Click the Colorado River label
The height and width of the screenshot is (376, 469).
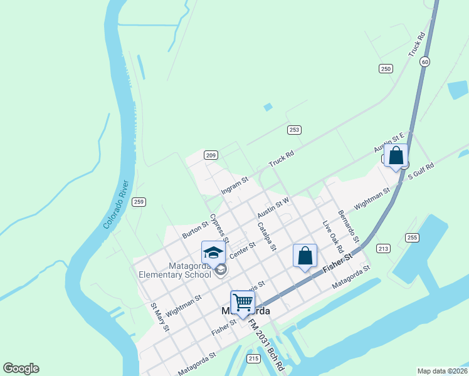(x=117, y=204)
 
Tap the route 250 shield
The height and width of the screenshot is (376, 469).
(x=386, y=69)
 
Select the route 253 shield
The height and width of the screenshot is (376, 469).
(x=294, y=130)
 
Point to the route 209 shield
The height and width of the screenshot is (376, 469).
(x=211, y=155)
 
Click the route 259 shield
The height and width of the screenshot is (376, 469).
(x=139, y=202)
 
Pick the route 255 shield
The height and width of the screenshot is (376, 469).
(x=412, y=238)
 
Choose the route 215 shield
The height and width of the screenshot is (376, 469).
(x=253, y=358)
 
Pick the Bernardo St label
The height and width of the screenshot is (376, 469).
(x=348, y=227)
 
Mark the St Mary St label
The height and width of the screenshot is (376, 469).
(x=160, y=317)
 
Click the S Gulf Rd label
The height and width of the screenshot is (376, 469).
(x=421, y=172)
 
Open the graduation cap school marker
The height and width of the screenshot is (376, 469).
(x=213, y=253)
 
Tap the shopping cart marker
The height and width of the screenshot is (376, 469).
(x=243, y=303)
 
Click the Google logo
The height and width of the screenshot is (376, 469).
(x=21, y=368)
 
